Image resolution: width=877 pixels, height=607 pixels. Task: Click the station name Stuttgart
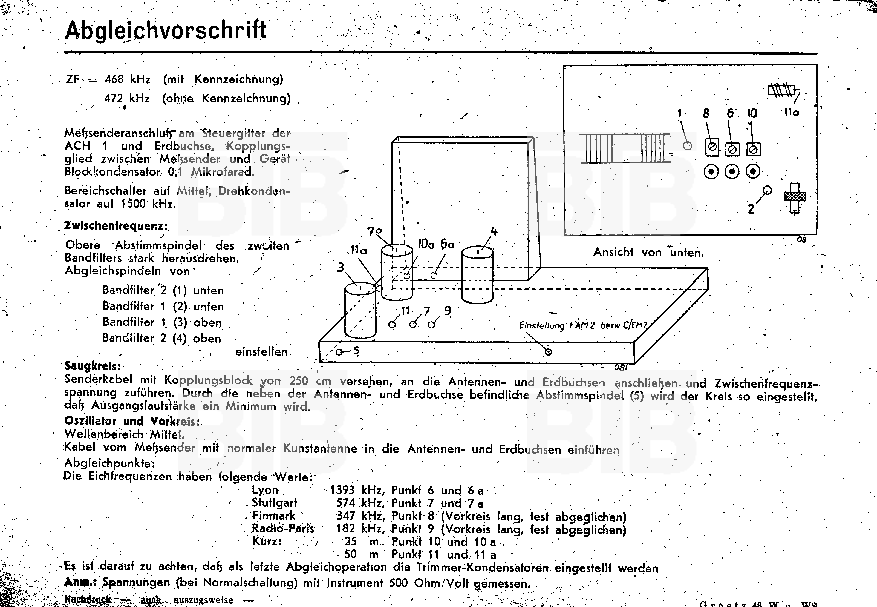274,503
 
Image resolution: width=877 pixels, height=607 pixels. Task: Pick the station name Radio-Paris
283,528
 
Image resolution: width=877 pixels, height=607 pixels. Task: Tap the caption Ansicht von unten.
648,252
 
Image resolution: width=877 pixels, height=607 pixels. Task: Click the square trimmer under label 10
753,149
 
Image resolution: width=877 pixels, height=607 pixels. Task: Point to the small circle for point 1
687,146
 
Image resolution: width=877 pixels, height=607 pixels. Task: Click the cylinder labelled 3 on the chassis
360,310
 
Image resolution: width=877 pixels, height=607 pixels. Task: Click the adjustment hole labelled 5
339,352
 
